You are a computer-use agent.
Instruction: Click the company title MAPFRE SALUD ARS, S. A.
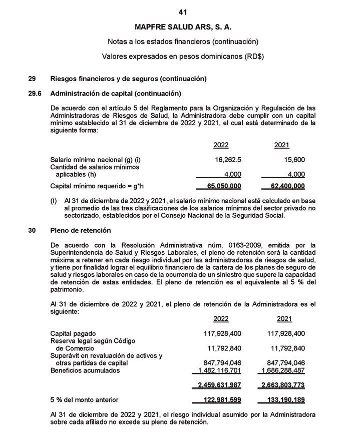pyautogui.click(x=183, y=27)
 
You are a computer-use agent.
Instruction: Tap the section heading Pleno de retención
pyautogui.click(x=81, y=230)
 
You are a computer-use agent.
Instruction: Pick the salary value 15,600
pyautogui.click(x=293, y=160)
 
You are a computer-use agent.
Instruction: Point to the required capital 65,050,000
pyautogui.click(x=224, y=186)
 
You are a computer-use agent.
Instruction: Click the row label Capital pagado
pyautogui.click(x=73, y=333)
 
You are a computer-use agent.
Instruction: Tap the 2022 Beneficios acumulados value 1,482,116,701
pyautogui.click(x=221, y=371)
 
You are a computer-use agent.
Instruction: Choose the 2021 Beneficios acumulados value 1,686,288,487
pyautogui.click(x=283, y=371)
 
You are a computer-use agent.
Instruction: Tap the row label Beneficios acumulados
pyautogui.click(x=85, y=370)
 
